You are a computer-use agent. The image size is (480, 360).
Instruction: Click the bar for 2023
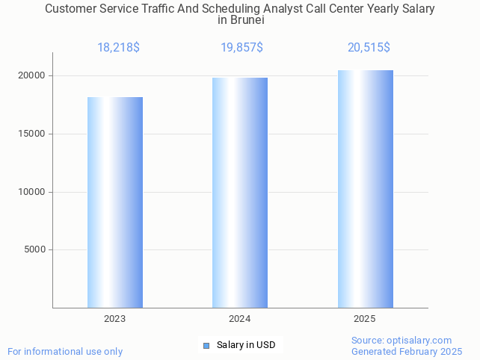pyautogui.click(x=115, y=202)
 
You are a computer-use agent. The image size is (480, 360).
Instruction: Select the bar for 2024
pyautogui.click(x=240, y=193)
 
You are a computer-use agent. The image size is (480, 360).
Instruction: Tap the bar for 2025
pyautogui.click(x=365, y=189)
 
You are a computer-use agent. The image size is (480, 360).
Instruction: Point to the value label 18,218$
pyautogui.click(x=118, y=48)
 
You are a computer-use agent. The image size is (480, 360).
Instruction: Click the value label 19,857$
pyautogui.click(x=241, y=48)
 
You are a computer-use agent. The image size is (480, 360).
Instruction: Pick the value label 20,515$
pyautogui.click(x=369, y=48)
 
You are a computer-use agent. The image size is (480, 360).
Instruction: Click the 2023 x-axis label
pyautogui.click(x=115, y=319)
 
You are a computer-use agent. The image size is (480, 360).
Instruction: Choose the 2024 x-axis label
pyautogui.click(x=240, y=319)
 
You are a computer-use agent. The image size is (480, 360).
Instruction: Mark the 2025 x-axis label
pyautogui.click(x=365, y=319)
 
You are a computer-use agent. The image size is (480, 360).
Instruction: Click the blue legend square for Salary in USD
pyautogui.click(x=206, y=345)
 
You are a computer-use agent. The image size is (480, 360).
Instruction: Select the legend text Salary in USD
pyautogui.click(x=246, y=345)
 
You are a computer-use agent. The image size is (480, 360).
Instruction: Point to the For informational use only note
pyautogui.click(x=65, y=351)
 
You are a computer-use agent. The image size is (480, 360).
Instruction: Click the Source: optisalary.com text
pyautogui.click(x=401, y=340)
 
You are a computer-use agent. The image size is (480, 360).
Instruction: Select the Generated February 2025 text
pyautogui.click(x=407, y=351)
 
